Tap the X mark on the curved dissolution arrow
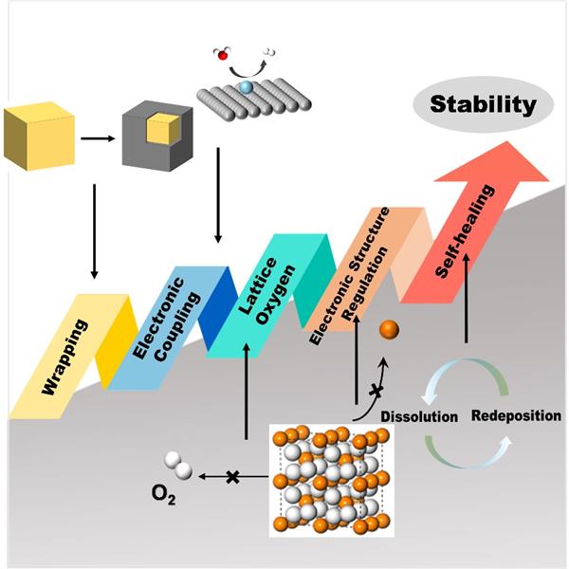point(376,390)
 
